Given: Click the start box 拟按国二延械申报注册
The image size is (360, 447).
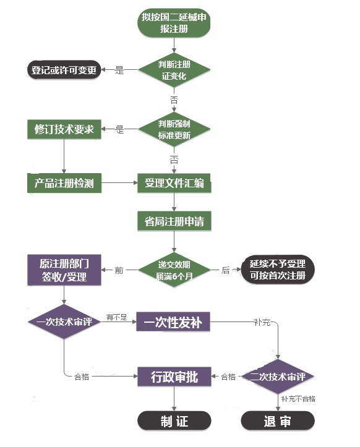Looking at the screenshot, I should (174, 23).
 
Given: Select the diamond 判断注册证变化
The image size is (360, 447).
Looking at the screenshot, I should (174, 69).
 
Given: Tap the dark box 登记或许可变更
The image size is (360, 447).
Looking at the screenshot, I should (64, 70).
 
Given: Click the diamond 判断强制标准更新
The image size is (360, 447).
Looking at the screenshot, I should (174, 129).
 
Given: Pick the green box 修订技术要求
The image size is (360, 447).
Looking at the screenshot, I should (64, 129).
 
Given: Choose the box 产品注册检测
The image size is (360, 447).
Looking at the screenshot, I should (64, 183).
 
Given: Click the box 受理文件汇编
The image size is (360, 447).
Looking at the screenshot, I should (174, 183).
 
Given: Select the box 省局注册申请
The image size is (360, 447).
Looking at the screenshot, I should (174, 221).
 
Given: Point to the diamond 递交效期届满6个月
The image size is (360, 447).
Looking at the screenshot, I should (174, 270).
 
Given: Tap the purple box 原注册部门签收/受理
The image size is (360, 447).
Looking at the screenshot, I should (64, 270).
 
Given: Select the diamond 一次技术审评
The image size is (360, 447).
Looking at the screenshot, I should (64, 322).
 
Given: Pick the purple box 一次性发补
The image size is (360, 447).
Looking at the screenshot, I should (173, 322).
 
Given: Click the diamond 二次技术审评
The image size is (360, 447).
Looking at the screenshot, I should (277, 377).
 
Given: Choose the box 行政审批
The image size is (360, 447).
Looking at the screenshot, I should (174, 377).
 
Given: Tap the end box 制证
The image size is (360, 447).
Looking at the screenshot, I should (174, 422).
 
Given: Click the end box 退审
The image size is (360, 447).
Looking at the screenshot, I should (277, 422).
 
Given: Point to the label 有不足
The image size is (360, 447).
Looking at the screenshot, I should (117, 317).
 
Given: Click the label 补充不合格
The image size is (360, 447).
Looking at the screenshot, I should (298, 399).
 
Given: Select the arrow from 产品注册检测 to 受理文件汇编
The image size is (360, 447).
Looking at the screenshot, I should (119, 183).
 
